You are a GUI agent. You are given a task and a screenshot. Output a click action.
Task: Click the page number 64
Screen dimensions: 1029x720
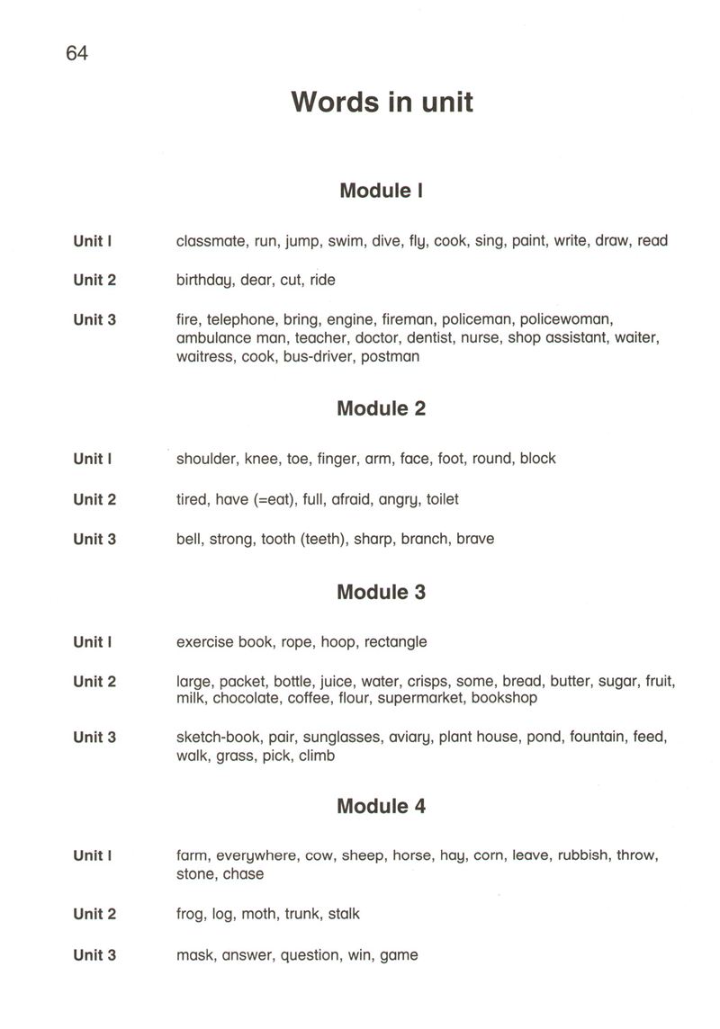pos(76,54)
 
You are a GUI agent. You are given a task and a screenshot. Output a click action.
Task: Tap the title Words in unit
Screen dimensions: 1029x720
pos(382,102)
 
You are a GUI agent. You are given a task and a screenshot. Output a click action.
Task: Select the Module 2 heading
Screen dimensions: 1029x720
pos(381,408)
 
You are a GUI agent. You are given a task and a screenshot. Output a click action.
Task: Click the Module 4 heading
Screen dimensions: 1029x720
pos(381,806)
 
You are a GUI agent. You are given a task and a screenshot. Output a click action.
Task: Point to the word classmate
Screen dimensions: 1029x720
pos(211,241)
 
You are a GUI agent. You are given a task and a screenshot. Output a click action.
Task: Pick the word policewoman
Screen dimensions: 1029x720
pos(566,319)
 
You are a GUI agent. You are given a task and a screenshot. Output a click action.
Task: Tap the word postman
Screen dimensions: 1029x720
pos(390,356)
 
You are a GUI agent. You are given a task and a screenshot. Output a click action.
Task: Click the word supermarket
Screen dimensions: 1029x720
pos(420,698)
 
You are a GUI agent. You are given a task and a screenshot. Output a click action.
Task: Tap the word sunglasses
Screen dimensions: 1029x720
pos(338,738)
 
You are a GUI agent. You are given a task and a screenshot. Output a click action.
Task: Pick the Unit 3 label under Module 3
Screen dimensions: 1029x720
pos(94,738)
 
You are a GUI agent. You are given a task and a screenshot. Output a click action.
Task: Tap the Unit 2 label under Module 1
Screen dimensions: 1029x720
pos(94,281)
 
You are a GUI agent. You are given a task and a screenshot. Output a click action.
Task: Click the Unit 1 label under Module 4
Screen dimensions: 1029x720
pos(93,856)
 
